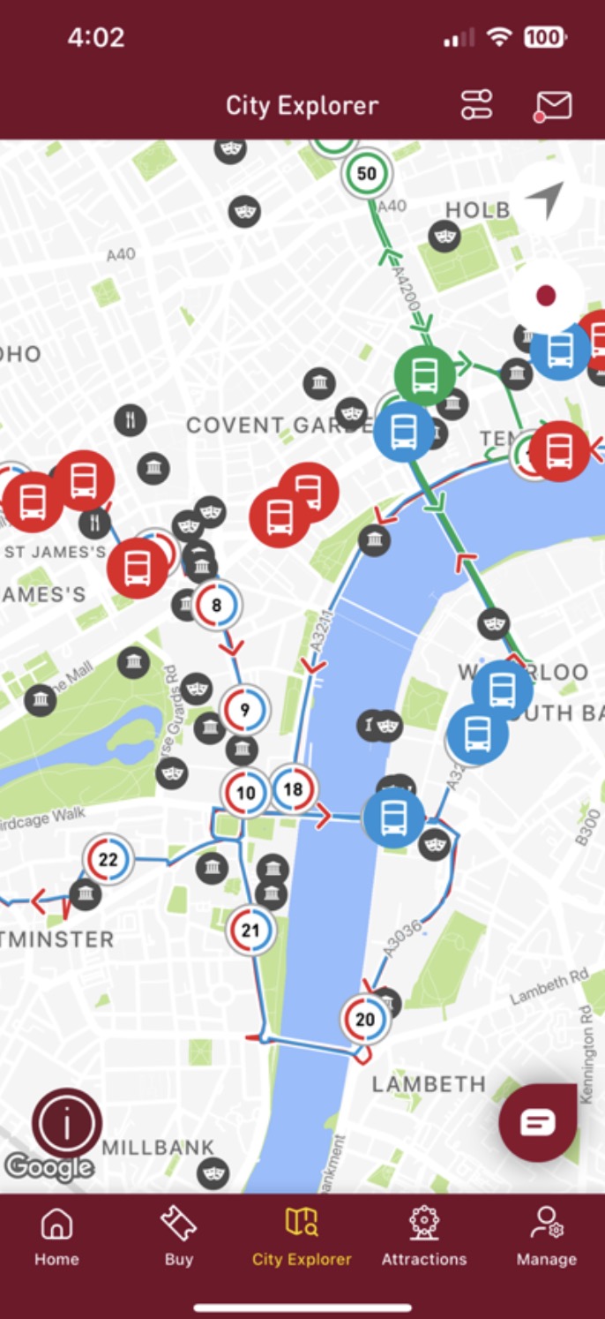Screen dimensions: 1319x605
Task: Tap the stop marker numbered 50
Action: pos(366,173)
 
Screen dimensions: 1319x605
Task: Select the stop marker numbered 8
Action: pos(216,606)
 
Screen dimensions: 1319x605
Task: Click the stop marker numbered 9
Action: pos(244,708)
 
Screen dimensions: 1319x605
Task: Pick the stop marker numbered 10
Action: pos(245,793)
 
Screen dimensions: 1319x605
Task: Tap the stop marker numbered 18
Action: pos(293,789)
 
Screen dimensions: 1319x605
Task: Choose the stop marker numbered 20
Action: pos(364,1020)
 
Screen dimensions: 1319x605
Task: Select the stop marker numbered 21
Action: pos(250,930)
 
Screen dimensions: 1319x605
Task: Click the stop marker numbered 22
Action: pos(108,859)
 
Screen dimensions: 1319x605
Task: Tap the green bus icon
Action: pos(424,375)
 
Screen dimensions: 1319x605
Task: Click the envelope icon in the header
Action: pos(553,106)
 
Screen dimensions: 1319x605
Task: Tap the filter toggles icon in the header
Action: pos(477,106)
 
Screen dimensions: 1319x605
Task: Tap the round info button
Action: pos(67,1123)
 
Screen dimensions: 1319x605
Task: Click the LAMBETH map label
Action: pos(429,1084)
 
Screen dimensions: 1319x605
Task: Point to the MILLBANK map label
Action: pos(158,1148)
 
